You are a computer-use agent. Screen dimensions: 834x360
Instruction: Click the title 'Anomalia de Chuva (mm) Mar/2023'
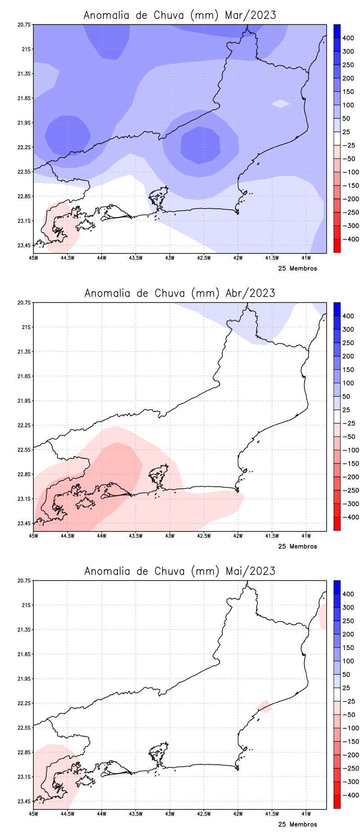click(x=180, y=15)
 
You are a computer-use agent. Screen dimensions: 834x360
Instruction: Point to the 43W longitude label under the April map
click(x=170, y=536)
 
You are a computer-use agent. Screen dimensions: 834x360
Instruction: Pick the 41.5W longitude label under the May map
click(x=272, y=814)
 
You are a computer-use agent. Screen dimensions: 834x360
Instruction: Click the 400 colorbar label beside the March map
click(x=348, y=38)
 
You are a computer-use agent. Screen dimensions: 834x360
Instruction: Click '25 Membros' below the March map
click(x=297, y=269)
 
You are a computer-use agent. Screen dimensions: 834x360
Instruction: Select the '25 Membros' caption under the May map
click(x=297, y=825)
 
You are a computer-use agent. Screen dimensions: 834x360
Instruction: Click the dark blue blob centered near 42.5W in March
click(x=200, y=145)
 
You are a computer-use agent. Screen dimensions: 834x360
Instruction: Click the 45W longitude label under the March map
click(x=33, y=258)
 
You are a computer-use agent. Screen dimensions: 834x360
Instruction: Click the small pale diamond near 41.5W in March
click(x=280, y=103)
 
